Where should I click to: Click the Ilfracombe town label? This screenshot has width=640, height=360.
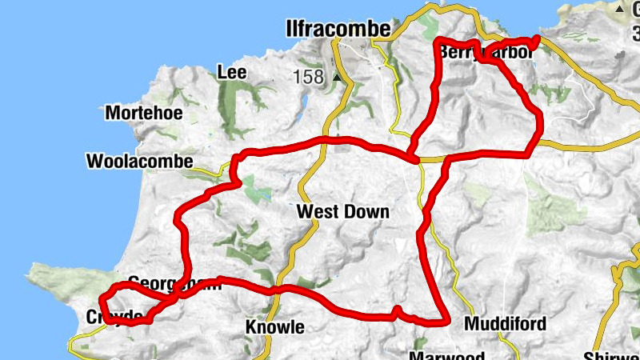(x=338, y=30)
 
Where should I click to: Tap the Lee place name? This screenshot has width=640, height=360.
(x=231, y=73)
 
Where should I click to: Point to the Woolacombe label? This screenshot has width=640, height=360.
(x=139, y=162)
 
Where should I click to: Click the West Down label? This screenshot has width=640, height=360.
(x=342, y=212)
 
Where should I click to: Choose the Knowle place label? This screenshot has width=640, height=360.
(x=274, y=327)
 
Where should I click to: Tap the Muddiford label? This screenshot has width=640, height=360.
(x=506, y=324)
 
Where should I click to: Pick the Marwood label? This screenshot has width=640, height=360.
(x=435, y=354)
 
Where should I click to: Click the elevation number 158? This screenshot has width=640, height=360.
(x=308, y=78)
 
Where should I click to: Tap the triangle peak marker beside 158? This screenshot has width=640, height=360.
(x=338, y=78)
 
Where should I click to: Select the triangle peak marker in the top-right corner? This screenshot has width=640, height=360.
(x=621, y=8)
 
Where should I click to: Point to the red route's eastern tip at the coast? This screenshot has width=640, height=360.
(x=535, y=38)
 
